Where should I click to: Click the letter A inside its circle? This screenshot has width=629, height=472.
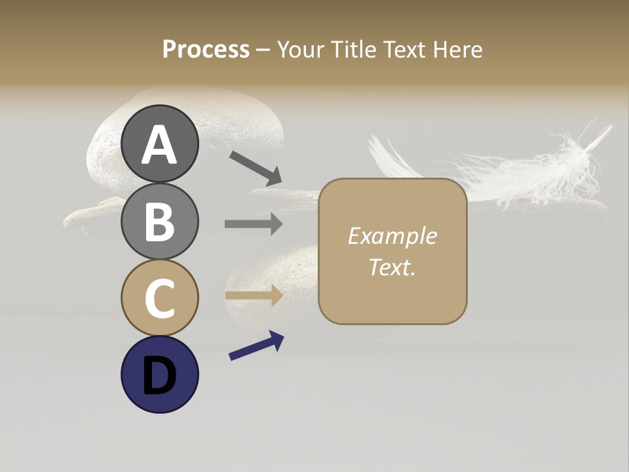(x=159, y=144)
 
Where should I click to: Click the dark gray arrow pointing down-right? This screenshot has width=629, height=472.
(x=255, y=168)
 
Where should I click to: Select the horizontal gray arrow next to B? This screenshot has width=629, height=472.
(x=254, y=224)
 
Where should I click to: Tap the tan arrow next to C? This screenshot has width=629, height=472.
(x=254, y=295)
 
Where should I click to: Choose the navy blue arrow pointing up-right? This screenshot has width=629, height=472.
(x=256, y=345)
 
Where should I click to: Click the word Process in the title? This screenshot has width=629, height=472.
(x=206, y=49)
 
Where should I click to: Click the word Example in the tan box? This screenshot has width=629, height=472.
(x=392, y=236)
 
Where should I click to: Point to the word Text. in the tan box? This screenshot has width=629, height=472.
(x=392, y=267)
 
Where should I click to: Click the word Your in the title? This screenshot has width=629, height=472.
(x=302, y=49)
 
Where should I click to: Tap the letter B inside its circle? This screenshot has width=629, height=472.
(x=159, y=221)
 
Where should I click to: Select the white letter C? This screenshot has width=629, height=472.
(x=159, y=298)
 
